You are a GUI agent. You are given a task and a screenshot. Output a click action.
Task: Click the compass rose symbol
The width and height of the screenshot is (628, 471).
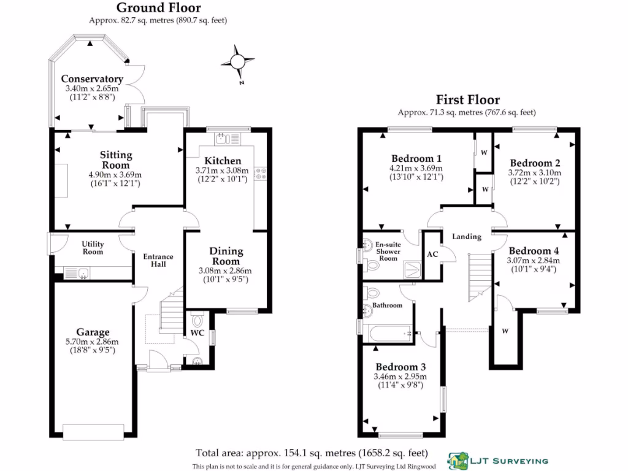click(237, 61)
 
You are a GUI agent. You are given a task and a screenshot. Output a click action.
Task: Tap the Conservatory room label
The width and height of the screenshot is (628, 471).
click(92, 79)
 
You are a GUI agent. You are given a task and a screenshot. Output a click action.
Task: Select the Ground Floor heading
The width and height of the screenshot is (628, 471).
click(158, 8)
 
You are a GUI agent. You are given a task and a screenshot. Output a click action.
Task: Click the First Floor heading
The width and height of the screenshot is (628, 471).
click(467, 99)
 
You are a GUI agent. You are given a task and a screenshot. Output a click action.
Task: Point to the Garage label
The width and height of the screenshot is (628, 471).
click(93, 332)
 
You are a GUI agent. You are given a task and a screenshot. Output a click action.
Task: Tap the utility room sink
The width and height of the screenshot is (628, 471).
click(79, 272)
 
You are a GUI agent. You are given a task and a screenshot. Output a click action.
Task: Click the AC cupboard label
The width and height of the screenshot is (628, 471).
click(432, 254)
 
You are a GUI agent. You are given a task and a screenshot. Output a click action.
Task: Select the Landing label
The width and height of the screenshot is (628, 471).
click(467, 237)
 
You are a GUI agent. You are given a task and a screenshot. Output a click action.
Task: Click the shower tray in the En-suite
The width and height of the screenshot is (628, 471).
click(413, 266)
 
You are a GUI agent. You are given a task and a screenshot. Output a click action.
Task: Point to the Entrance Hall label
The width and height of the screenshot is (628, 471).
click(158, 260)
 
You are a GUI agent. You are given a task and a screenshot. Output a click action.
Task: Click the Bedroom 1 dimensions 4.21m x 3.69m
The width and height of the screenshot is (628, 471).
click(416, 167)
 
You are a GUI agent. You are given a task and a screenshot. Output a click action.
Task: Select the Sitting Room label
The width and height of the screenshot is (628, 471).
click(116, 160)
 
